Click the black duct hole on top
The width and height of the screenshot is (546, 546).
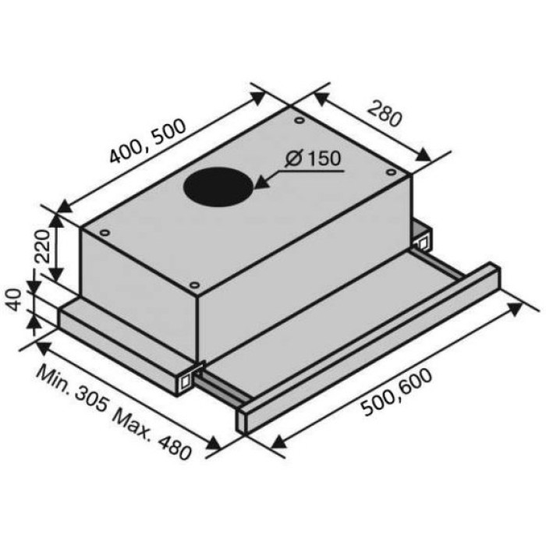[218, 186]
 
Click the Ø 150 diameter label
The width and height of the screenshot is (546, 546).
[312, 158]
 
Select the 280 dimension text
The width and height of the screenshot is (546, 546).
[385, 113]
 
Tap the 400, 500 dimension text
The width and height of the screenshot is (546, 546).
[148, 141]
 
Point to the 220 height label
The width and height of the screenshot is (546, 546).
[43, 246]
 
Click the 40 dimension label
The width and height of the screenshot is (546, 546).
[13, 300]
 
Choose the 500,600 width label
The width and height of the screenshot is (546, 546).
[396, 392]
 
